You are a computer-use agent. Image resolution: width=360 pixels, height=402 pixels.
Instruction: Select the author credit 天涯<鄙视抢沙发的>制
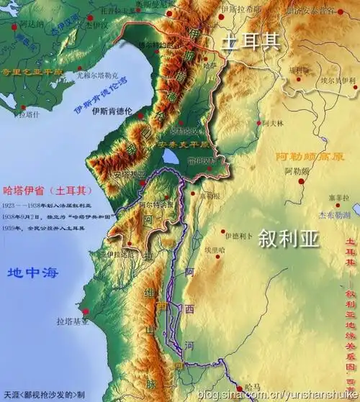point(47,395)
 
